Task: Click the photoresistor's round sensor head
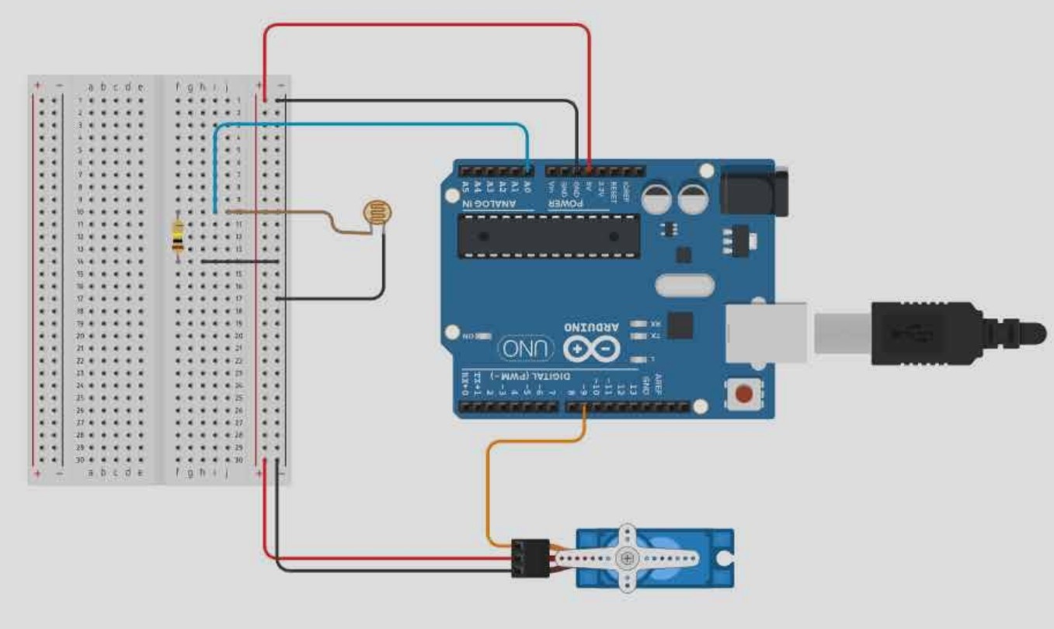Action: point(378,211)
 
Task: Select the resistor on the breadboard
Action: point(178,235)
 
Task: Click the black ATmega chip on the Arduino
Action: point(548,236)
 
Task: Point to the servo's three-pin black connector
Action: point(530,558)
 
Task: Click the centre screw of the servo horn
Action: point(627,558)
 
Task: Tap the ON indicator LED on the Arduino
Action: point(482,335)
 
